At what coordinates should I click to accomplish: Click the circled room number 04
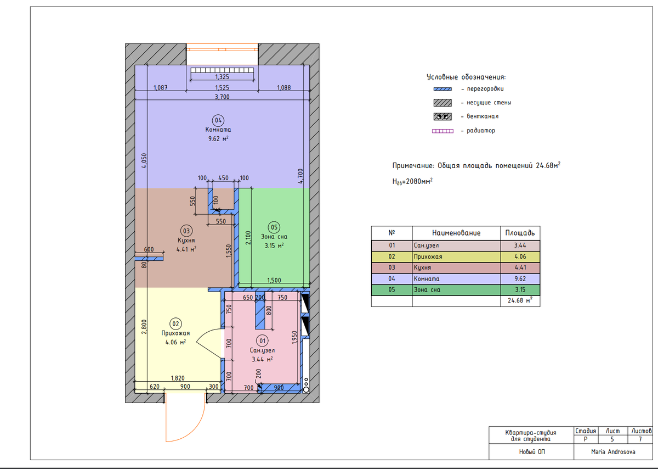pyautogui.click(x=218, y=120)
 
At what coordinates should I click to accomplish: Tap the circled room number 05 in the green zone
pyautogui.click(x=274, y=227)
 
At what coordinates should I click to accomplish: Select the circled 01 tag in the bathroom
pyautogui.click(x=262, y=341)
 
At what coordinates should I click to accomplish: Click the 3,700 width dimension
pyautogui.click(x=222, y=97)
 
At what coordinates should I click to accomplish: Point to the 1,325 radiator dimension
pyautogui.click(x=222, y=77)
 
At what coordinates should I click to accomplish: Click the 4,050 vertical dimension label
pyautogui.click(x=144, y=161)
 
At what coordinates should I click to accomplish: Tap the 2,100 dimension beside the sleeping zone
pyautogui.click(x=248, y=238)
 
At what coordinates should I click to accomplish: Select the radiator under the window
pyautogui.click(x=222, y=70)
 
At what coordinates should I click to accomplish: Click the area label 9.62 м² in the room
pyautogui.click(x=218, y=138)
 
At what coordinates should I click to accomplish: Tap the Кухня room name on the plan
pyautogui.click(x=186, y=241)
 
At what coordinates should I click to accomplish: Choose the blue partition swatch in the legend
pyautogui.click(x=443, y=89)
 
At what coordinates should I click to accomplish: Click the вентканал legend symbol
pyautogui.click(x=443, y=116)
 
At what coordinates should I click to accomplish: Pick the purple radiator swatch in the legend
pyautogui.click(x=443, y=131)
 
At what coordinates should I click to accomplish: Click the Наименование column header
pyautogui.click(x=456, y=233)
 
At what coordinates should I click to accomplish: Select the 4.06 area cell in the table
pyautogui.click(x=520, y=256)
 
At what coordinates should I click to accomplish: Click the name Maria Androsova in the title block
pyautogui.click(x=613, y=452)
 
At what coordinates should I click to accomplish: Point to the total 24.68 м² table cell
pyautogui.click(x=520, y=300)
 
